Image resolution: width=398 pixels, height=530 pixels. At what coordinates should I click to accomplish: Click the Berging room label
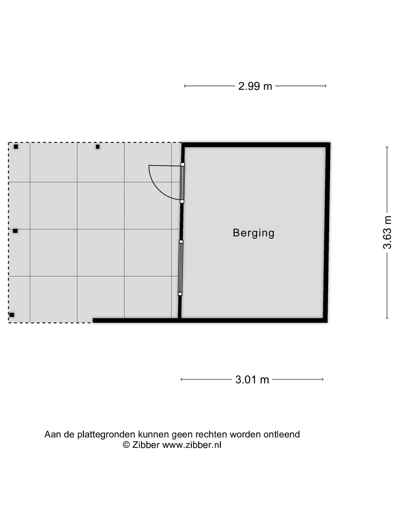pyautogui.click(x=253, y=233)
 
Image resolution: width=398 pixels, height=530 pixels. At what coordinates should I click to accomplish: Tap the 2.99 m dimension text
pyautogui.click(x=255, y=86)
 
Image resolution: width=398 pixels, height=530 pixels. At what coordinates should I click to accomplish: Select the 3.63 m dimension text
pyautogui.click(x=387, y=232)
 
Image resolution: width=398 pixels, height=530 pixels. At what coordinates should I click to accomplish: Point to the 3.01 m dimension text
pyautogui.click(x=252, y=380)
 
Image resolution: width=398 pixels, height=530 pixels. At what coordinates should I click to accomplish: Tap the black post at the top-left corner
pyautogui.click(x=16, y=147)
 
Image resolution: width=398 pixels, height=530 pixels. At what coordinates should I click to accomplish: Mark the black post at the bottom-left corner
pyautogui.click(x=12, y=315)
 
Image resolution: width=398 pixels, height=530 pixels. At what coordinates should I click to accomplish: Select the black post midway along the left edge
pyautogui.click(x=15, y=231)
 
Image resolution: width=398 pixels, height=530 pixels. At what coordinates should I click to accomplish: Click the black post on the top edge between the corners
pyautogui.click(x=98, y=147)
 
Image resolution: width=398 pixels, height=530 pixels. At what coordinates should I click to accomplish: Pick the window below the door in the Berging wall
pyautogui.click(x=180, y=268)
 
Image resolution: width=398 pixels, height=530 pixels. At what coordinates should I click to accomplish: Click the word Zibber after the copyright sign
pyautogui.click(x=146, y=445)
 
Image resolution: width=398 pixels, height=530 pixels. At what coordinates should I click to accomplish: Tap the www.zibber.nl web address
pyautogui.click(x=192, y=445)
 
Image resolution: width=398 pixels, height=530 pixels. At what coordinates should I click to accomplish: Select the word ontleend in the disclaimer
pyautogui.click(x=282, y=434)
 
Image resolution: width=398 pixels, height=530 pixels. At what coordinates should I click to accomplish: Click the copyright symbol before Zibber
pyautogui.click(x=126, y=445)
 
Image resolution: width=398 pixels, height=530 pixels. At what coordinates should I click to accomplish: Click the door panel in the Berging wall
pyautogui.click(x=182, y=183)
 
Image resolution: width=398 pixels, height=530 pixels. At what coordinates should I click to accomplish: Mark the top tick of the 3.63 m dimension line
pyautogui.click(x=387, y=147)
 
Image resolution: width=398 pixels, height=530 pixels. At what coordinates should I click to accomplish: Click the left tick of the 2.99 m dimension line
pyautogui.click(x=185, y=86)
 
